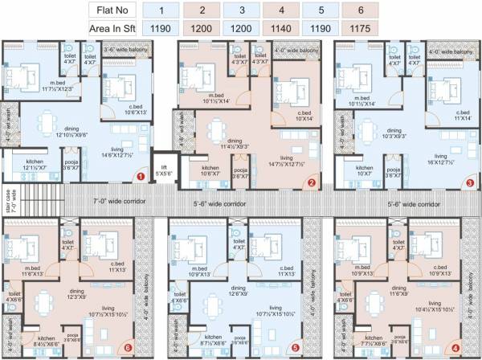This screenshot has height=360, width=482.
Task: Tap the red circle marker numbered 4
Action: point(455,348)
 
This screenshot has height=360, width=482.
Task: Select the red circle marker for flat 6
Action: point(129,348)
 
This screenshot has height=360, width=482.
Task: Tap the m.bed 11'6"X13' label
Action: point(35,272)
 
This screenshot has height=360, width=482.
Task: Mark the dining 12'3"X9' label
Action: point(77,295)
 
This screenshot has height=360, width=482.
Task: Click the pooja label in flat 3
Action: point(393,171)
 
